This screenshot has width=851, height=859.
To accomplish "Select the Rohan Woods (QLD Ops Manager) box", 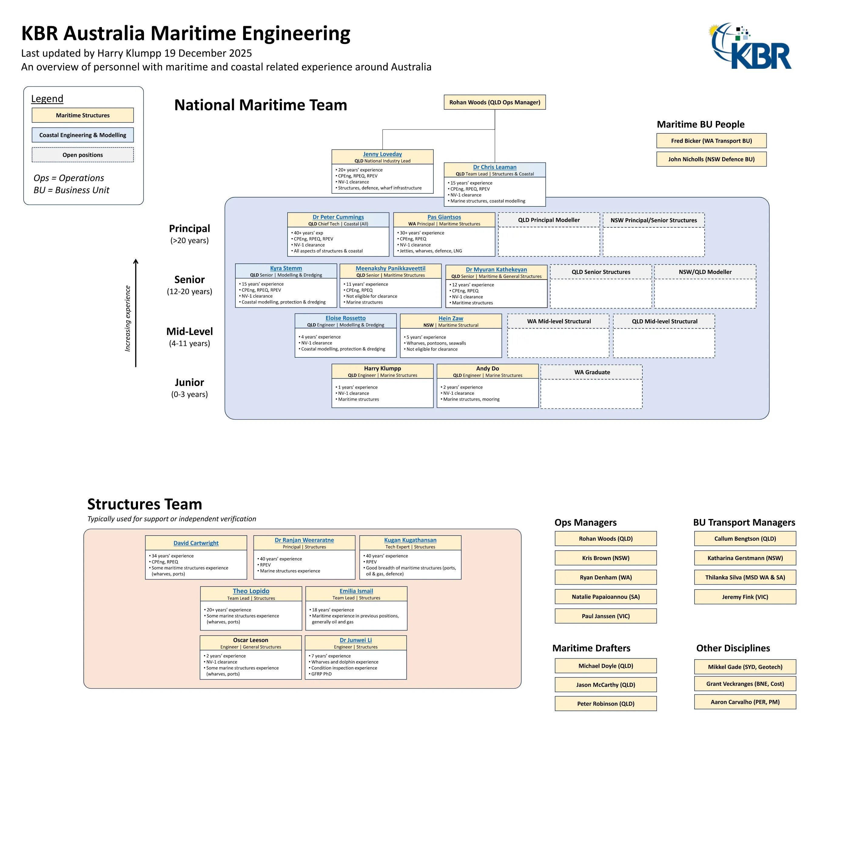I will pyautogui.click(x=494, y=102).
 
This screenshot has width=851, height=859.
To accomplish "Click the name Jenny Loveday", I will pyautogui.click(x=382, y=154).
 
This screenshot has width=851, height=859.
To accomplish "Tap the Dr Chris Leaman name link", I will pyautogui.click(x=494, y=167).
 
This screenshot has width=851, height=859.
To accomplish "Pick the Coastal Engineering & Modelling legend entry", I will pyautogui.click(x=83, y=135).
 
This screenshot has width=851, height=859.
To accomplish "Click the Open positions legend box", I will pyautogui.click(x=83, y=155).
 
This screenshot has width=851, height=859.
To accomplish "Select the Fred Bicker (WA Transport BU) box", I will pyautogui.click(x=711, y=141).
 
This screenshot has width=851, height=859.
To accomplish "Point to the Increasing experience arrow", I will pyautogui.click(x=136, y=313).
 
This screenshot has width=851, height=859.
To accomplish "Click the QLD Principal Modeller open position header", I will pyautogui.click(x=549, y=220).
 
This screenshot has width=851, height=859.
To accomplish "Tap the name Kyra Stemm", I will pyautogui.click(x=286, y=268).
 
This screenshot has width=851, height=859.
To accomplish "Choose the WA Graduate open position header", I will pyautogui.click(x=592, y=372).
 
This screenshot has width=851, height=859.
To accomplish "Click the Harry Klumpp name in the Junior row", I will pyautogui.click(x=382, y=368).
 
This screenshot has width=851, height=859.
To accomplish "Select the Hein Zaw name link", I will pyautogui.click(x=451, y=318).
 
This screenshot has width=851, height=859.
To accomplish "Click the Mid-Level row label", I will pyautogui.click(x=190, y=332).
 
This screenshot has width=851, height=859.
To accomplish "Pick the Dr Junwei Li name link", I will pyautogui.click(x=355, y=640).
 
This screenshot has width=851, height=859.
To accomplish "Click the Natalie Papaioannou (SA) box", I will pyautogui.click(x=605, y=597).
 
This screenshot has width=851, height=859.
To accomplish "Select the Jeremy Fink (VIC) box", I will pyautogui.click(x=745, y=597).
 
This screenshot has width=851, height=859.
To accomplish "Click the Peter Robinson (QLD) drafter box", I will pyautogui.click(x=605, y=704).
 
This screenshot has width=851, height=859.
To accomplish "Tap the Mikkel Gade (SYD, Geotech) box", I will pyautogui.click(x=745, y=667).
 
